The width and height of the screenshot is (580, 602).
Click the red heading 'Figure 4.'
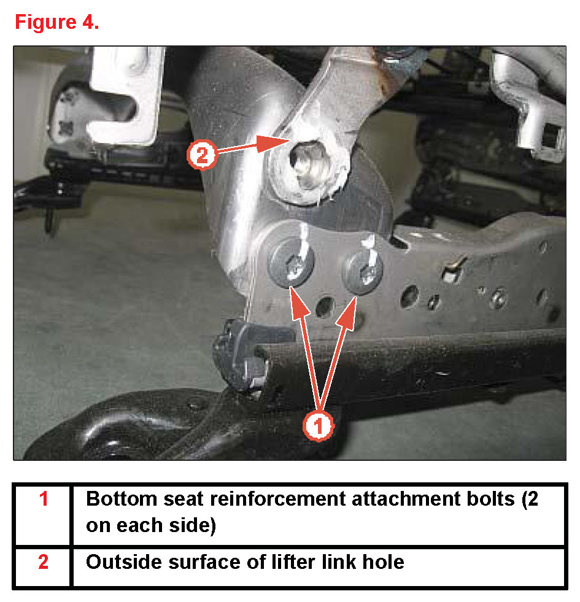pos(57,22)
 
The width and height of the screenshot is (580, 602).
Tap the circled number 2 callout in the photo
pos(202,155)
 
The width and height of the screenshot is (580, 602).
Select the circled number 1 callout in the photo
pos(318,426)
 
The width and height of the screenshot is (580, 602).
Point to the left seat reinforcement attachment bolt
pos(291,262)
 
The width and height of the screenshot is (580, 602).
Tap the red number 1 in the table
pos(44,499)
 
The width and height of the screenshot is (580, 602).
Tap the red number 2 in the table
pos(44,561)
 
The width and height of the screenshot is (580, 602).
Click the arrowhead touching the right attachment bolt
pos(348,313)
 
